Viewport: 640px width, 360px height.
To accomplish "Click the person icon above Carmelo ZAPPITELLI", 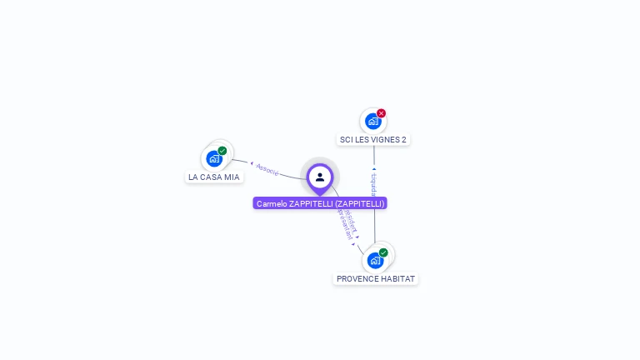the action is tap(320, 177).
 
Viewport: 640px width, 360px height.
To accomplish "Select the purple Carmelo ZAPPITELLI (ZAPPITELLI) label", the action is tap(320, 203).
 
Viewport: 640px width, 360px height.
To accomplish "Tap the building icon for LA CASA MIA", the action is tap(214, 158).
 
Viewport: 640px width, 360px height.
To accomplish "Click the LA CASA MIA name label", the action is tap(214, 177).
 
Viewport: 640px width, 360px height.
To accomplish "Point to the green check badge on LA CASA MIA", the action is tap(222, 151).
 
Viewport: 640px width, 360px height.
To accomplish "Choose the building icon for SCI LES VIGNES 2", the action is tap(372, 121).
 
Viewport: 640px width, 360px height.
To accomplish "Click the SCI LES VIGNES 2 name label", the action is tap(373, 139).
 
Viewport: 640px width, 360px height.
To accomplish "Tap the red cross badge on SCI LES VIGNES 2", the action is tap(382, 113).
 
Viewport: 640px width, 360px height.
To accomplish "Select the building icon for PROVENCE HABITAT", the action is tap(375, 260).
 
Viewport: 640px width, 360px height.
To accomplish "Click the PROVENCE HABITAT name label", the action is tap(376, 278).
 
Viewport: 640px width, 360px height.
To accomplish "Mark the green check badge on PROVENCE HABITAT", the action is tap(383, 252).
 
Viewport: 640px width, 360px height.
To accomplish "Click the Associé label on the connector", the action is tap(267, 170).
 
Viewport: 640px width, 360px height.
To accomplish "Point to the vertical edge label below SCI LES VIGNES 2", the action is tap(374, 182).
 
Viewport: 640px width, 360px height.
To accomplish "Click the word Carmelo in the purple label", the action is tap(271, 203).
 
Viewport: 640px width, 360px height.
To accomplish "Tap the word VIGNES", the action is tap(382, 139).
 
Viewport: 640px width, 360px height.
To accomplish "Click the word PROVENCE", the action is tap(356, 278).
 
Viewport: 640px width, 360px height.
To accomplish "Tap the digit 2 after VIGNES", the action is tap(403, 139).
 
